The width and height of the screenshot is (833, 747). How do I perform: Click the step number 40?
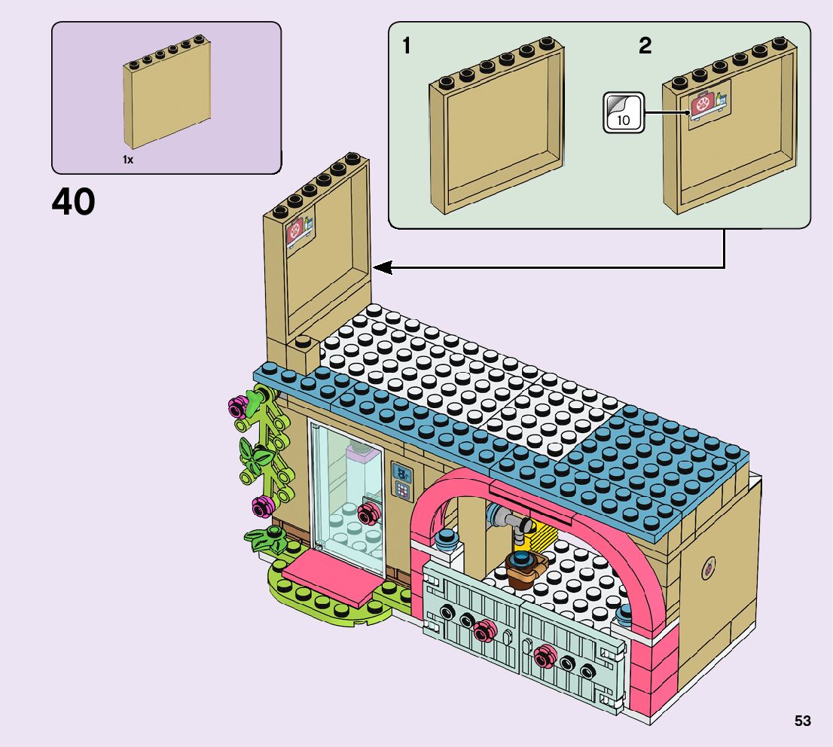[74, 203]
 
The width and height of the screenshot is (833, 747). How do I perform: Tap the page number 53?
[802, 721]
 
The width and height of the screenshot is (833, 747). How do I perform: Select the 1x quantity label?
[128, 160]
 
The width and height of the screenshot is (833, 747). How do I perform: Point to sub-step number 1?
[407, 47]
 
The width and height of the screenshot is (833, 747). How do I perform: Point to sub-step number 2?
[645, 47]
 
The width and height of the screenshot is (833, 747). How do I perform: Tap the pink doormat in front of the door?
[325, 575]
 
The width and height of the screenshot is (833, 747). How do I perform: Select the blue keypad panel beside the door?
[403, 482]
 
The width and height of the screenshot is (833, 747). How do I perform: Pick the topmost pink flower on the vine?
[238, 407]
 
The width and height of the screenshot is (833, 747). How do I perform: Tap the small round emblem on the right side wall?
[708, 569]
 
